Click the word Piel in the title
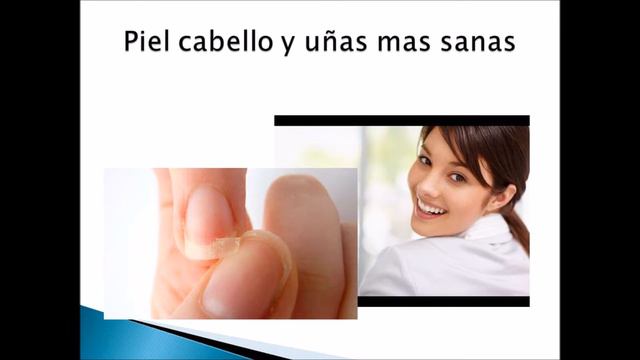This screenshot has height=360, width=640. pyautogui.click(x=148, y=45)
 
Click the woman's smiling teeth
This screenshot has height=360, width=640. pyautogui.click(x=431, y=207)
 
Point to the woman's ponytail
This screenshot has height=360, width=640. pyautogui.click(x=516, y=225)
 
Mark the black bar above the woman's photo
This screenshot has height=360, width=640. pyautogui.click(x=401, y=120)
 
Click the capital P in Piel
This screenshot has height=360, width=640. pyautogui.click(x=132, y=45)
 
